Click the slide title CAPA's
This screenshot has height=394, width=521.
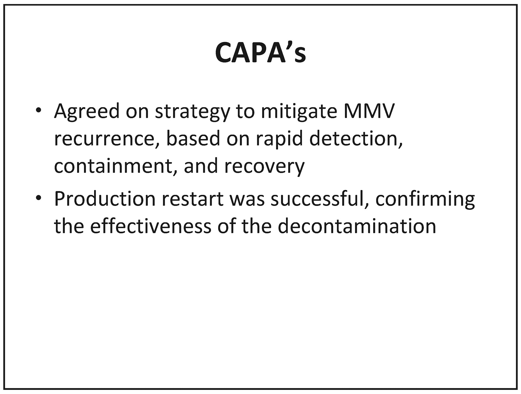tap(260, 52)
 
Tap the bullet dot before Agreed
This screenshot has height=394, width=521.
tap(38, 111)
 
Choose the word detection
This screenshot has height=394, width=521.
tap(356, 138)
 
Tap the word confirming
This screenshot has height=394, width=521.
tap(425, 199)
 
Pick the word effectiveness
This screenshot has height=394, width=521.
tap(151, 226)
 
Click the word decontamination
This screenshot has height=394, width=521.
tap(357, 226)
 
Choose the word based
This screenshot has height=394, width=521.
tap(193, 138)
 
